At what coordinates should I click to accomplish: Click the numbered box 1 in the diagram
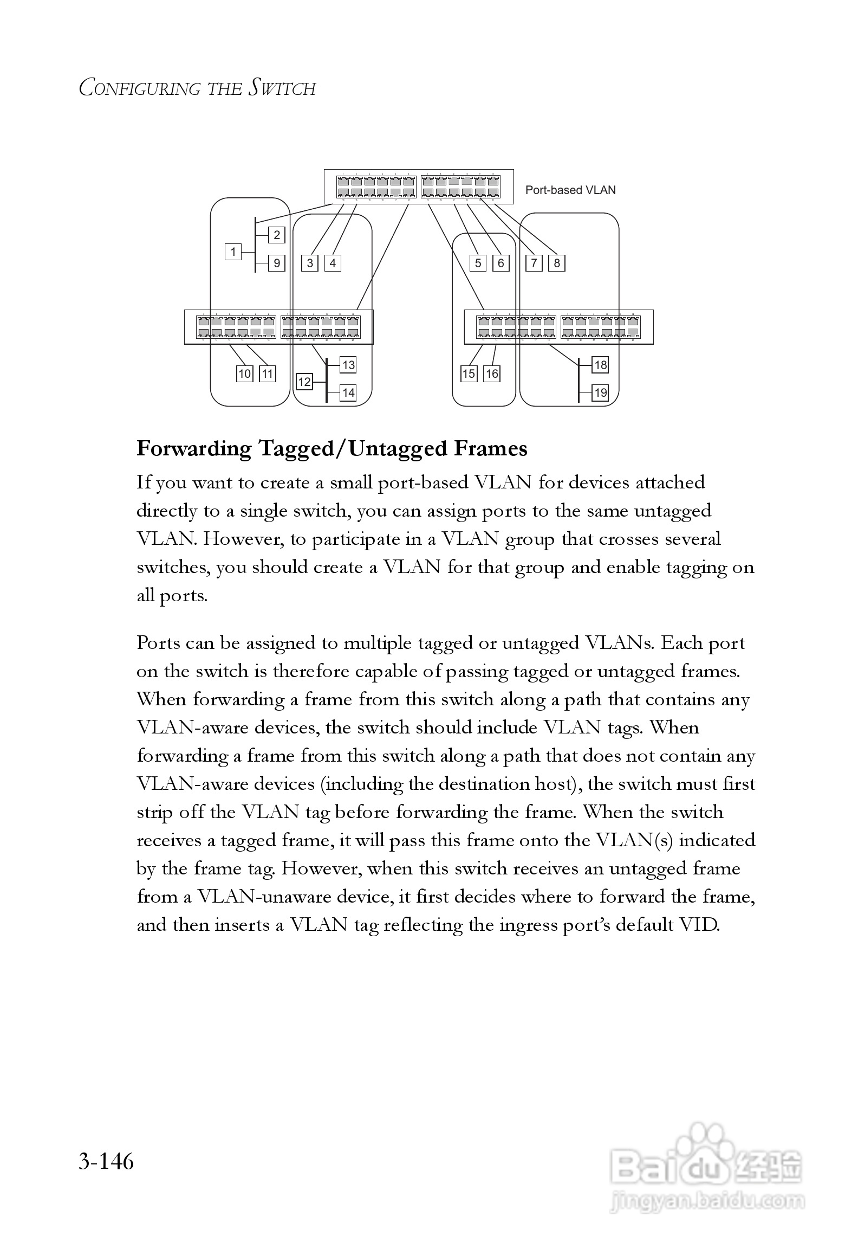coord(233,252)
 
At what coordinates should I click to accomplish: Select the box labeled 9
coord(277,263)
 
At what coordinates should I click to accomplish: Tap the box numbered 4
coord(333,263)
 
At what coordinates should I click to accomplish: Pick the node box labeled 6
coord(500,263)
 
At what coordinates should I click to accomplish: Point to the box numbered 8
coord(557,263)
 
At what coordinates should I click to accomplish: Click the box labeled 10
coord(245,374)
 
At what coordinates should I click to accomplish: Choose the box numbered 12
coord(304,382)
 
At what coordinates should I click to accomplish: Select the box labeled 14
coord(348,393)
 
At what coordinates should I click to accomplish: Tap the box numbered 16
coord(492,374)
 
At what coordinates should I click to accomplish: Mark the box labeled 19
coord(600,393)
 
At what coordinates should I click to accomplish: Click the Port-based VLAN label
coord(570,190)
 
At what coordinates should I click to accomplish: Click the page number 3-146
coord(106,1162)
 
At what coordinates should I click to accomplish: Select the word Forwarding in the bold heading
coord(194,449)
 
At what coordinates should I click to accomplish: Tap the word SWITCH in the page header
coord(282,88)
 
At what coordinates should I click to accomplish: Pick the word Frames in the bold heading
coord(490,449)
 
